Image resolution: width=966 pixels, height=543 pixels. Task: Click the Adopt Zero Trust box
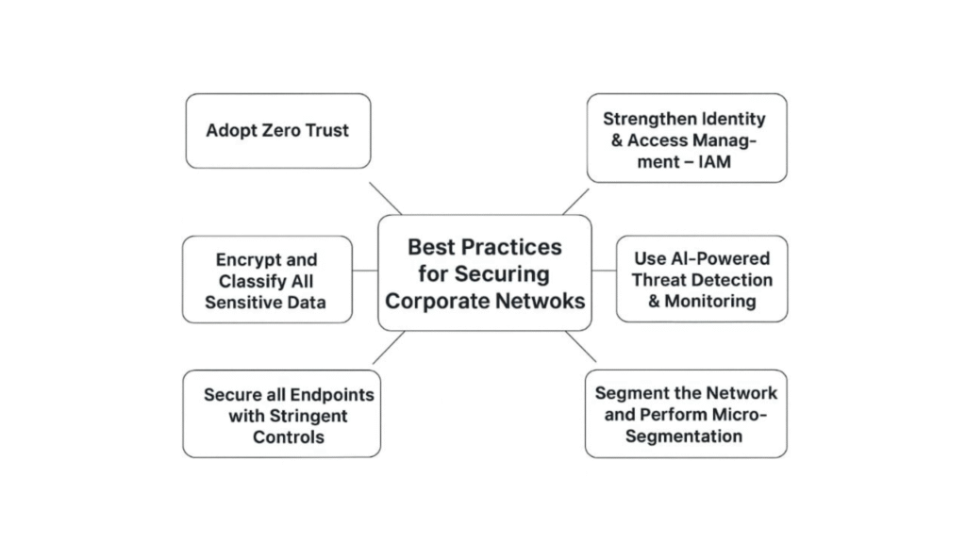pyautogui.click(x=277, y=131)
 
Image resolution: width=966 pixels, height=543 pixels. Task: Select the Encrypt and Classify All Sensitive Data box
pyautogui.click(x=268, y=280)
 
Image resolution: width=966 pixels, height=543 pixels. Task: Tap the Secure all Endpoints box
pyautogui.click(x=281, y=414)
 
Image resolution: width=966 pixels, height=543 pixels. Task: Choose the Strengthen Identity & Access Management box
pyautogui.click(x=686, y=138)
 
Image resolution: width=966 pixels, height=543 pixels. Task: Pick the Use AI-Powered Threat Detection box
pyautogui.click(x=701, y=279)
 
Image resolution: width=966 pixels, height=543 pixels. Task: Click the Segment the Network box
pyautogui.click(x=685, y=414)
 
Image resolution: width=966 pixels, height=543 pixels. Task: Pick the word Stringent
pyautogui.click(x=288, y=416)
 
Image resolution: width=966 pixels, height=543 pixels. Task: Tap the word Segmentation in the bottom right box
pyautogui.click(x=685, y=436)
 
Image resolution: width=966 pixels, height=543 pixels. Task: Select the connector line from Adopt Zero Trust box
pyautogui.click(x=385, y=199)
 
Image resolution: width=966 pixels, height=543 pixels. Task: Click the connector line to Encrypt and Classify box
pyautogui.click(x=365, y=271)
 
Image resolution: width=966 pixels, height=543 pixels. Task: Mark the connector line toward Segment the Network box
pyautogui.click(x=581, y=347)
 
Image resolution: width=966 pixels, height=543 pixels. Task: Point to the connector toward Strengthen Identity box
pyautogui.click(x=575, y=202)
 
